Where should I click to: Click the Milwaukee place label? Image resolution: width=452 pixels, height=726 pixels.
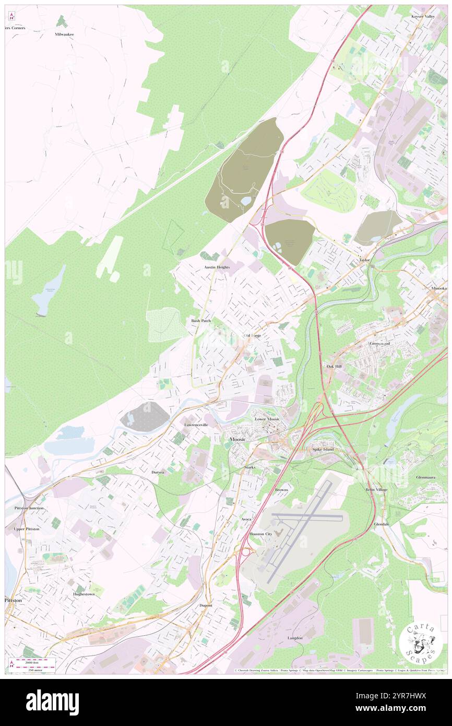click(65, 34)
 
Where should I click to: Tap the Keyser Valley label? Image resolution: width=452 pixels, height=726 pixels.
click(423, 17)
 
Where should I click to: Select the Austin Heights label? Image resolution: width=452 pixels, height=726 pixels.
click(217, 267)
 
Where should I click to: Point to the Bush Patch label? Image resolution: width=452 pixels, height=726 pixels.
click(200, 320)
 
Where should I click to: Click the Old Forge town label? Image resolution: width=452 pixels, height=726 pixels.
click(252, 335)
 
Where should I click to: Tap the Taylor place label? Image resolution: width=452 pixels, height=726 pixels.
click(364, 260)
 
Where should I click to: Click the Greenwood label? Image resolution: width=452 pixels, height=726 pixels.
click(380, 344)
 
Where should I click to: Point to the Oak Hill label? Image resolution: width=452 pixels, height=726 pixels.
click(334, 367)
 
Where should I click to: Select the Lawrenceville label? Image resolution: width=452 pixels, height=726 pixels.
click(196, 425)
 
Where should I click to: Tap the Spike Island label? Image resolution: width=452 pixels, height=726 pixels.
click(323, 449)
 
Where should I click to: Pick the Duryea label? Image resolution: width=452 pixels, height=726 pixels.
click(158, 472)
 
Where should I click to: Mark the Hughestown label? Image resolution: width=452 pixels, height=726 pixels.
click(85, 594)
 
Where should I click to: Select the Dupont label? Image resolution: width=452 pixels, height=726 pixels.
click(206, 605)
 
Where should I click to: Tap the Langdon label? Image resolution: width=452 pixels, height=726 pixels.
click(295, 638)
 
